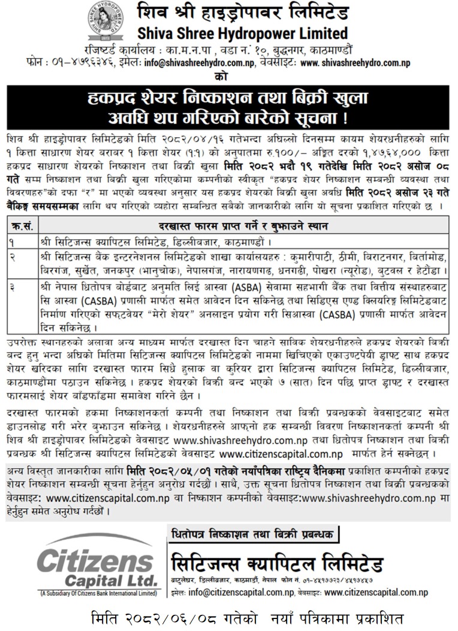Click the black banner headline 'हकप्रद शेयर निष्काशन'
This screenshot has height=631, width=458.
[x=228, y=96]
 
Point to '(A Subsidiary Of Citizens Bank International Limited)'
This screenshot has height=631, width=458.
[x=97, y=593]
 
